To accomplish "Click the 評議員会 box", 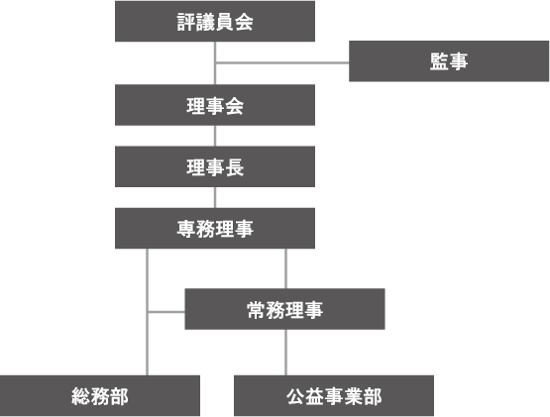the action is coord(215,22).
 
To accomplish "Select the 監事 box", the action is coord(449,61).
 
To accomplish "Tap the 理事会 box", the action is coord(215,105).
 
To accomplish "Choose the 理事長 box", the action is coord(215,166).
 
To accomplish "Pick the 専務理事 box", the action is coord(215,229).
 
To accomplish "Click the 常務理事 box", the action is coord(284,309).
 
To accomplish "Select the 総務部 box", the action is coord(100,395).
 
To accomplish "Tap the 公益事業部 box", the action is coord(334,395).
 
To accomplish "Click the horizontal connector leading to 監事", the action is coord(282,63).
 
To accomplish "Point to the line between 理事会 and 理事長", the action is coord(215,136).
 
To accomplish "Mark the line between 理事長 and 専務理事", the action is coord(215,197).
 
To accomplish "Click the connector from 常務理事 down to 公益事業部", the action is coord(285,352).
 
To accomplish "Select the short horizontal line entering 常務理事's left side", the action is coord(166,311).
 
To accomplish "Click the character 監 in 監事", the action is coord(439,61).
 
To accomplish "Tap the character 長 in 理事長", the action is coord(234,167).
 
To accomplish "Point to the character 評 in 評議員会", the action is coord(186,22).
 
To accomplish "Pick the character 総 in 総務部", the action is coord(80,396).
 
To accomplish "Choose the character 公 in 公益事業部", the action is coord(295,396).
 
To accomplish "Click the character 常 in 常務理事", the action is coord(256,310).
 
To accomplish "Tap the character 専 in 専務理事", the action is coord(186,229).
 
